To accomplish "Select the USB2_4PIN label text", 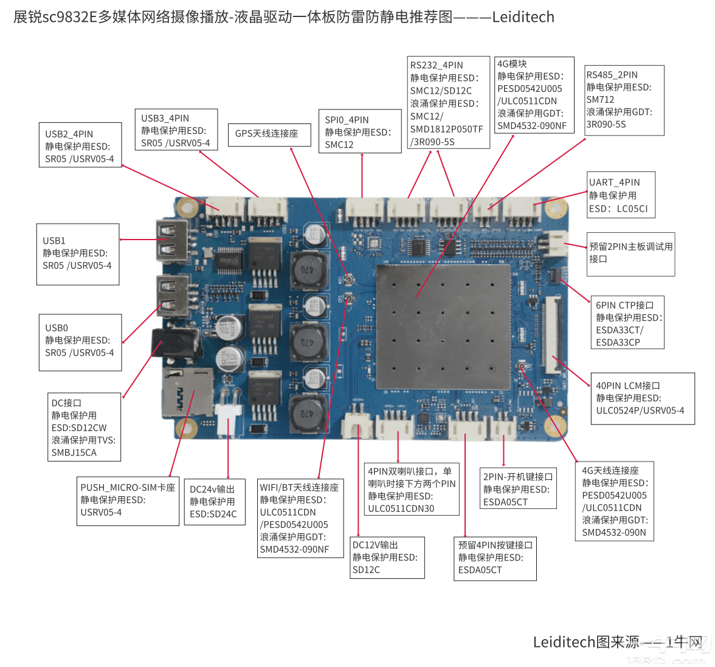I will tap(69, 134).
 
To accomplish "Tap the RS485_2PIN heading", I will tap(612, 75).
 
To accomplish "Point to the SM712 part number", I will tap(600, 100).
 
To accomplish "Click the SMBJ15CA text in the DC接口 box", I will tap(74, 452).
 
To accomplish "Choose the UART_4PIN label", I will tap(614, 182).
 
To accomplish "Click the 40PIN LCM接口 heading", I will tap(627, 385).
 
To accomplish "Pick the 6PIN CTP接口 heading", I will tap(624, 305).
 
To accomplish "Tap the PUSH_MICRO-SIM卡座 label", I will tap(128, 488).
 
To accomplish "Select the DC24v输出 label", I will tap(212, 489).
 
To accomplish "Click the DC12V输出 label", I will tap(375, 545).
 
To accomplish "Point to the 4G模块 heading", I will tap(512, 64).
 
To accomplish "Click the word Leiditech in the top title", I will tap(523, 17).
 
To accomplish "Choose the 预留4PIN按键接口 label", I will tap(495, 545).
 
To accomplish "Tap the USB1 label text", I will tap(54, 241).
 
